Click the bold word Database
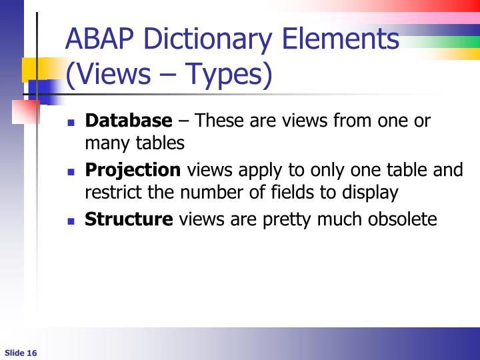[129, 121]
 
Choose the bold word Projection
[133, 169]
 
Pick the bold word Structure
[129, 219]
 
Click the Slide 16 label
[21, 352]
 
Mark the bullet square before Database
[72, 123]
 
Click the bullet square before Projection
[72, 171]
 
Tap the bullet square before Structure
[72, 221]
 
